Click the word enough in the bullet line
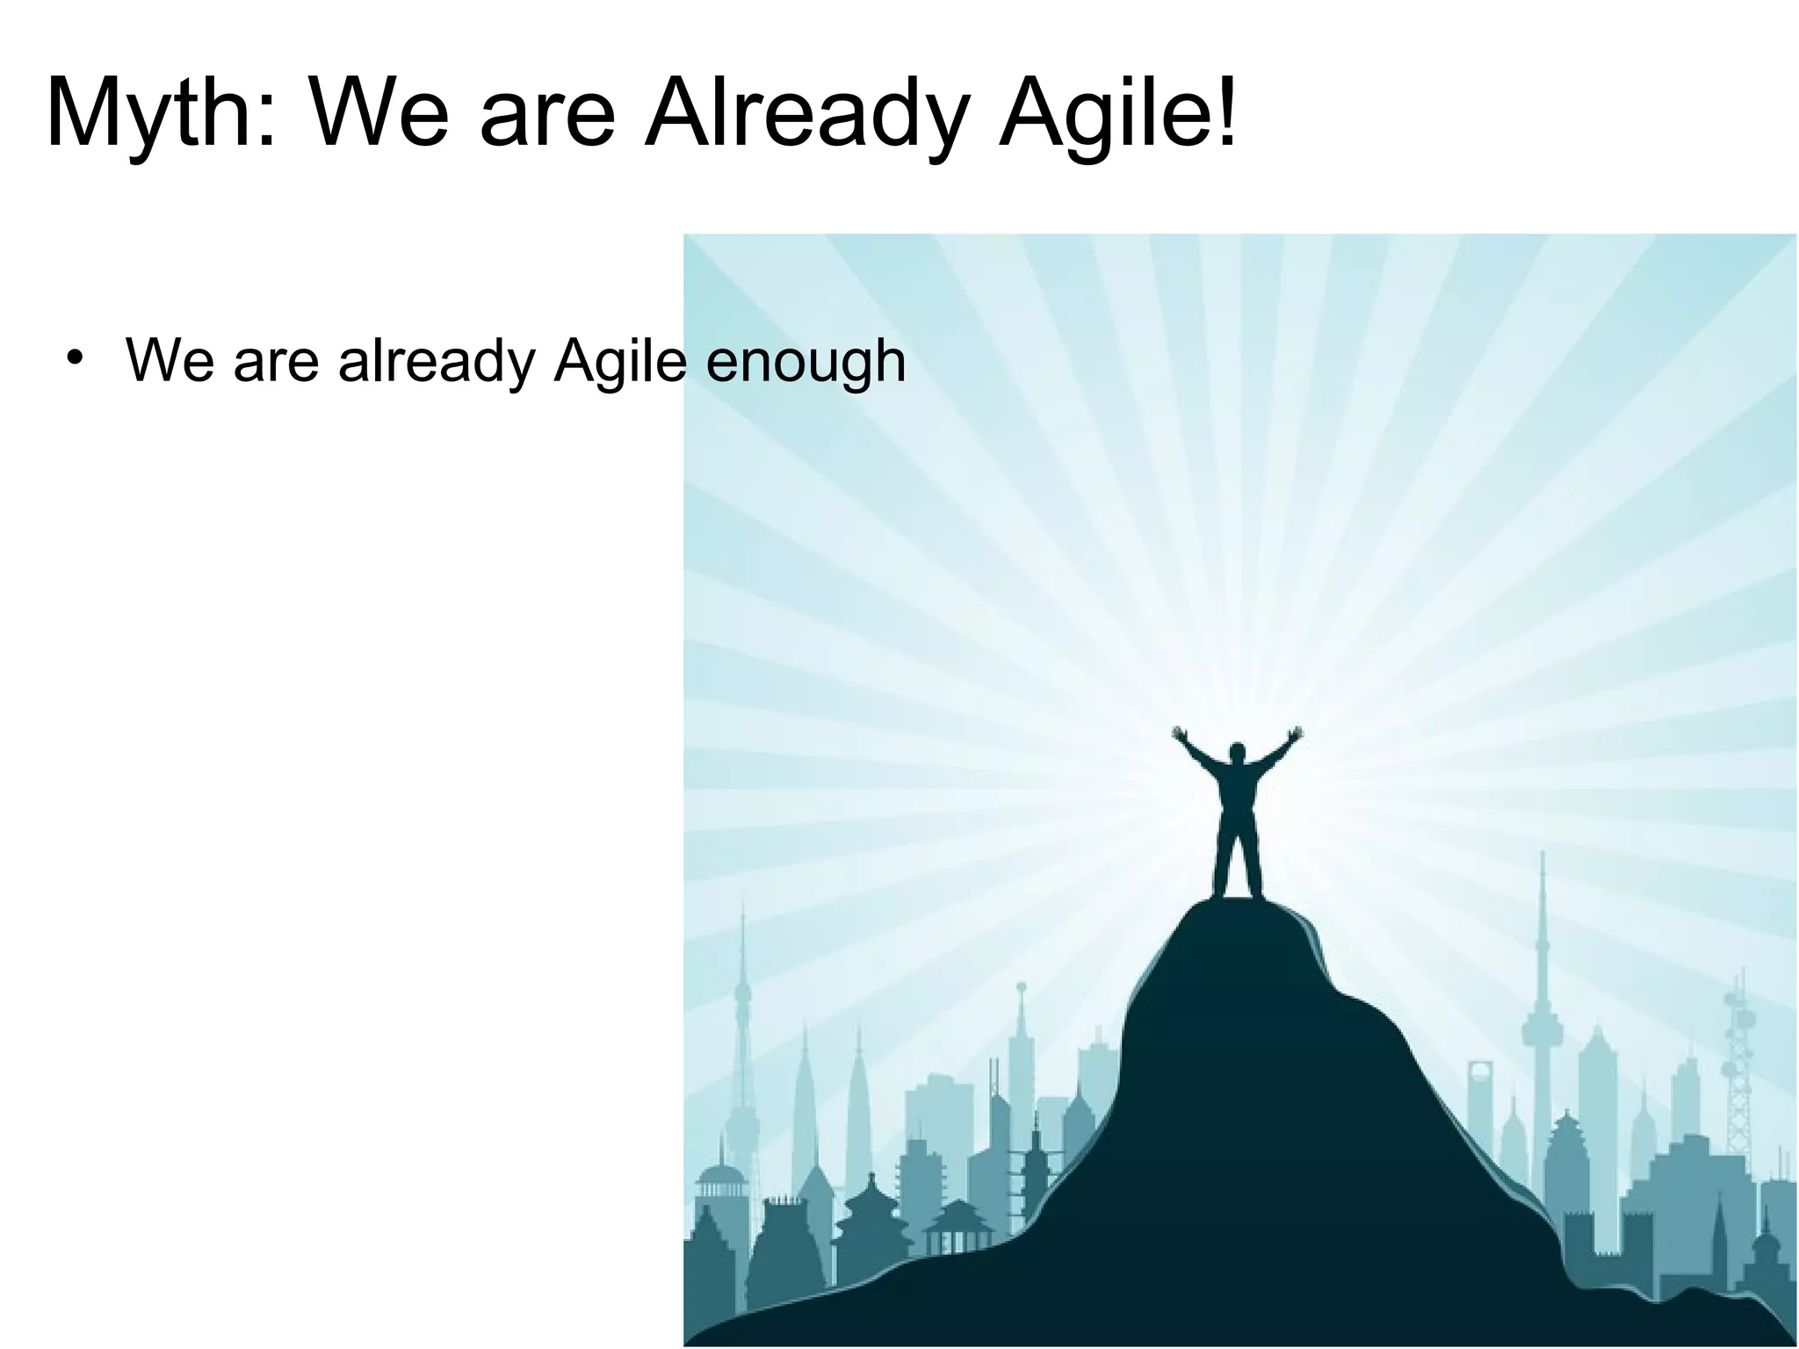pyautogui.click(x=806, y=362)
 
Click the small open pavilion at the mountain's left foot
pyautogui.click(x=960, y=1230)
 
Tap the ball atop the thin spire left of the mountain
pyautogui.click(x=1021, y=987)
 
